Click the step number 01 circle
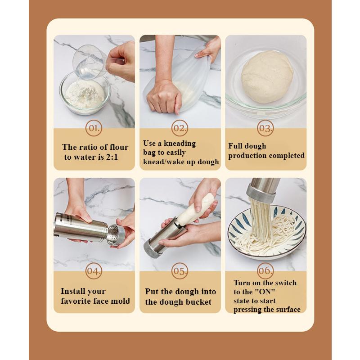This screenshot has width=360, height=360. pyautogui.click(x=94, y=128)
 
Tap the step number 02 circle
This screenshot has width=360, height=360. pyautogui.click(x=180, y=128)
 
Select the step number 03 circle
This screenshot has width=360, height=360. pyautogui.click(x=265, y=128)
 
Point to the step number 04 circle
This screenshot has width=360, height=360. pyautogui.click(x=94, y=271)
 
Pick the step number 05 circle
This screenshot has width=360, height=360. pyautogui.click(x=180, y=271)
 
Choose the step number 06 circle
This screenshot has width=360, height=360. pyautogui.click(x=265, y=271)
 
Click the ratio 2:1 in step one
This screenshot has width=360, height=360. pyautogui.click(x=112, y=157)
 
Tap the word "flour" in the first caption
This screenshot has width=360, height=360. pyautogui.click(x=119, y=147)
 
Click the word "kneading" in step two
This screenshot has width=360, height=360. pyautogui.click(x=180, y=143)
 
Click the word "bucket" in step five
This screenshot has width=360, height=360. pyautogui.click(x=198, y=301)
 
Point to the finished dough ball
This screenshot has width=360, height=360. pyautogui.click(x=267, y=77)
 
